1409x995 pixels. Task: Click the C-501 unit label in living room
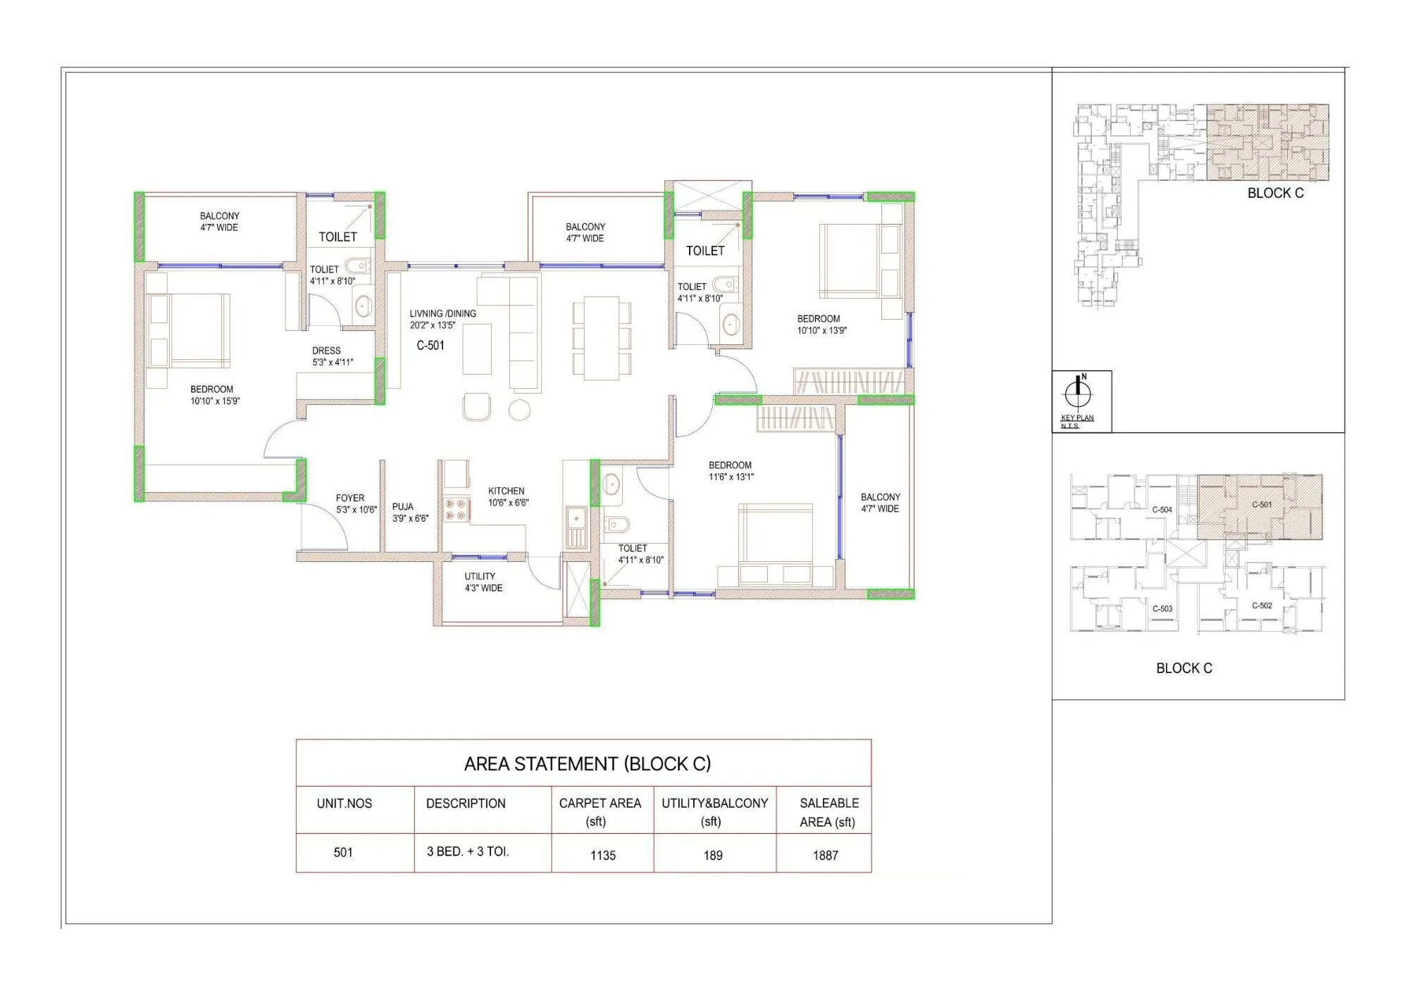tap(430, 345)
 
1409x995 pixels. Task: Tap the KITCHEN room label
tap(506, 491)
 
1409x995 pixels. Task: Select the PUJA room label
tap(403, 506)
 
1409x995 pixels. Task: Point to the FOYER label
tap(350, 498)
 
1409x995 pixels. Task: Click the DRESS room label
tap(326, 351)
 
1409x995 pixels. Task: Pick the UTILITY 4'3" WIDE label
tap(483, 582)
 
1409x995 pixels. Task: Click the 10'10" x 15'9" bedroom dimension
tap(215, 401)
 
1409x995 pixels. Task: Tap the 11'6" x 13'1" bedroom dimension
tap(731, 477)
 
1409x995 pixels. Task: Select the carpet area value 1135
tap(602, 855)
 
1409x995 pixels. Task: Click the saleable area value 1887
tap(825, 855)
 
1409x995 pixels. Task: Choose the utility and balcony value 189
tap(712, 855)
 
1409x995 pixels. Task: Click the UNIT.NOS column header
tap(345, 803)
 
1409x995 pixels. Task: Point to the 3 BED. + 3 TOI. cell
tap(468, 851)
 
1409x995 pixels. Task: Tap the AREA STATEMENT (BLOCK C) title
tap(588, 764)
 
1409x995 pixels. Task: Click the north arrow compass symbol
tap(1077, 392)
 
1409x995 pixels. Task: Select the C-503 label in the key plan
tap(1162, 608)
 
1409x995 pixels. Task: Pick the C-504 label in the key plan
tap(1162, 509)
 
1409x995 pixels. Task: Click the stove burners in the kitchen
tap(455, 510)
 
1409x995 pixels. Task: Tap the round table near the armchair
tap(519, 410)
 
